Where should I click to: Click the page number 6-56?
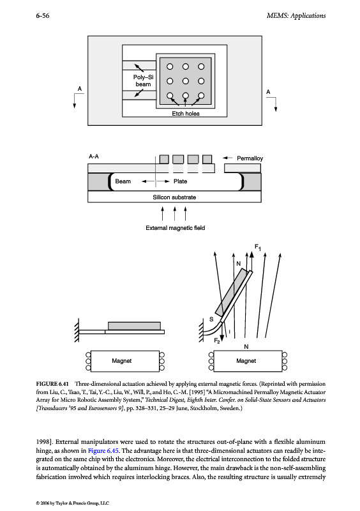pos(43,15)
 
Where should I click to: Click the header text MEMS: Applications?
pos(296,15)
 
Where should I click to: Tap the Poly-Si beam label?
pos(143,80)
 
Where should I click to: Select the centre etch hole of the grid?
pos(185,81)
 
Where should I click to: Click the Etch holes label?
pos(186,114)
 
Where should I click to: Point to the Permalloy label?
pos(250,158)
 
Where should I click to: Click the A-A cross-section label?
pos(94,156)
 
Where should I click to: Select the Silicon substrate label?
pos(174,197)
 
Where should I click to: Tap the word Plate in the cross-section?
pos(180,181)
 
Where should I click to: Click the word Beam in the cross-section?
pos(123,181)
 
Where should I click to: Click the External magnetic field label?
pos(176,228)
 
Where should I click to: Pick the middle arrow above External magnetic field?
pos(174,213)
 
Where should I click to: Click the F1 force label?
pos(258,247)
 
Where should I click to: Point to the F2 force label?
pos(217,340)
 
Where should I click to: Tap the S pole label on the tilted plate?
pos(211,319)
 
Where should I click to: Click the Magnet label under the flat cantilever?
pos(121,361)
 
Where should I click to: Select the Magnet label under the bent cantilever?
pos(246,361)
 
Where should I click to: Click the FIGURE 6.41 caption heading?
pos(52,384)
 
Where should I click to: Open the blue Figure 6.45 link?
pos(103,451)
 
